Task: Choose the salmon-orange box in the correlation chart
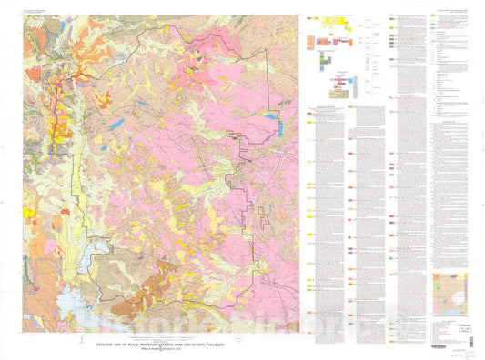[313, 41]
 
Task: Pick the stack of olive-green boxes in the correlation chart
[325, 55]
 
